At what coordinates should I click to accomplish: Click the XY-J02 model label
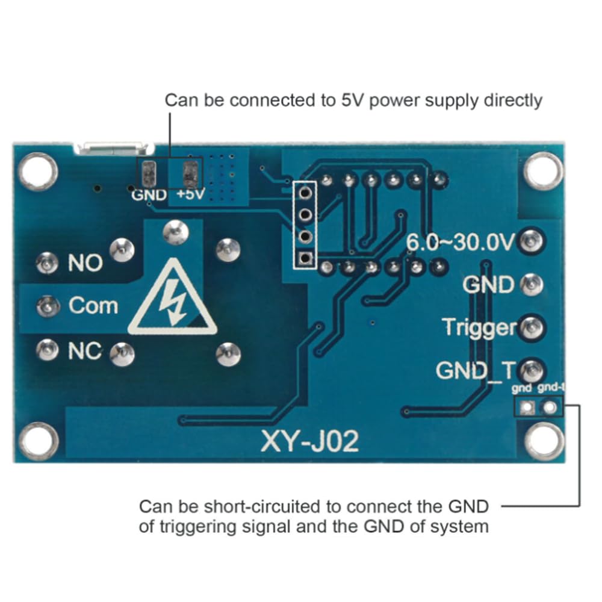(310, 441)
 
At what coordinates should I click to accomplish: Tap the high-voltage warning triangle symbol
(172, 297)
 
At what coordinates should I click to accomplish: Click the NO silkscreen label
(85, 263)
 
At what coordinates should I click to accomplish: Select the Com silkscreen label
(93, 306)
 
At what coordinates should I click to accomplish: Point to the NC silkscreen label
(85, 351)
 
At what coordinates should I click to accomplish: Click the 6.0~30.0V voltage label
(460, 242)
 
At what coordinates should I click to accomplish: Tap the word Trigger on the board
(480, 328)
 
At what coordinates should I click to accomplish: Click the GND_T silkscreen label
(476, 371)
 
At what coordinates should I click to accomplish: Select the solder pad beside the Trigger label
(532, 328)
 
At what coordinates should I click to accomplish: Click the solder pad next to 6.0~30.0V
(532, 241)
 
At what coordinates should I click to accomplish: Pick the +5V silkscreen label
(191, 194)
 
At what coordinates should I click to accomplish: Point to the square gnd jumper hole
(527, 407)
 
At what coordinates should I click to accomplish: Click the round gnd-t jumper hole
(550, 407)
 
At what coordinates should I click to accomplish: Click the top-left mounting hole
(37, 171)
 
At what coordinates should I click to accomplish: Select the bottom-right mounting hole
(544, 441)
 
